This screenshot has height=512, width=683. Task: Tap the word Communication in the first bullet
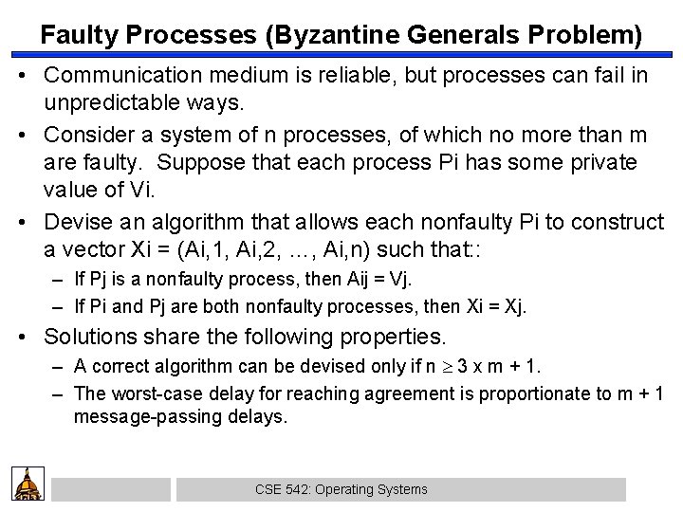pyautogui.click(x=118, y=76)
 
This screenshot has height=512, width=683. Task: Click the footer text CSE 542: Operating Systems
pyautogui.click(x=341, y=489)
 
